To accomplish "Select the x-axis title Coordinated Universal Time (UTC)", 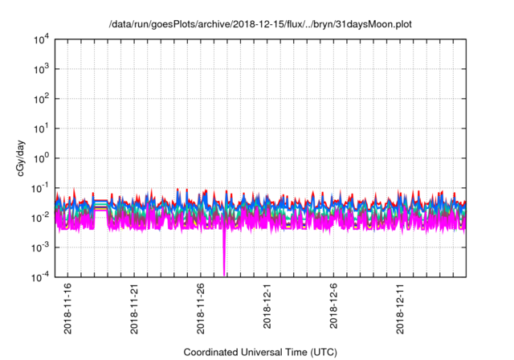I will click(260, 352).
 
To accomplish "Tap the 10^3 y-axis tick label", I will click(40, 69).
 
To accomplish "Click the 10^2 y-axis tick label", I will click(40, 99).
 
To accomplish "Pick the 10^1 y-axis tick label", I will click(40, 129).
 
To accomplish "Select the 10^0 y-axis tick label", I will click(40, 158).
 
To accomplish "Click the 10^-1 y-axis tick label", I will click(40, 188).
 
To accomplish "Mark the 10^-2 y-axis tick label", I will click(40, 218).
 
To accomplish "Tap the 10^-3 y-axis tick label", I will click(40, 247).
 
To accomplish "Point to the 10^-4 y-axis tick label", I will click(40, 277).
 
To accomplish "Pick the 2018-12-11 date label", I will click(402, 306).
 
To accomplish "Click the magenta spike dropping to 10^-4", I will click(224, 261).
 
